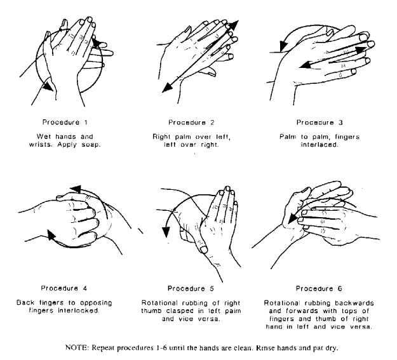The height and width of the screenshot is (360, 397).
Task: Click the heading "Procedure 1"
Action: tap(65, 123)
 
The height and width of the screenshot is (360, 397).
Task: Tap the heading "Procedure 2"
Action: tap(191, 123)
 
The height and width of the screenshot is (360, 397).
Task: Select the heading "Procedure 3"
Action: tap(320, 123)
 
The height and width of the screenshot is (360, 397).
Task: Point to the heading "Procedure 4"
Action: tap(64, 288)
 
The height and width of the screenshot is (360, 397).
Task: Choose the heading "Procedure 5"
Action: tap(191, 289)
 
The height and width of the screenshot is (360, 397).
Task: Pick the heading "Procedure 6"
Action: tap(319, 289)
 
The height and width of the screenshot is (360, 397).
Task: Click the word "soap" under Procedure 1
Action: tap(91, 145)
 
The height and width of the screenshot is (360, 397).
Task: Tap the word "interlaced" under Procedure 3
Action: tap(320, 145)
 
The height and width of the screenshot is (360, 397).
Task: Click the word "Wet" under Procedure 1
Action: tap(44, 137)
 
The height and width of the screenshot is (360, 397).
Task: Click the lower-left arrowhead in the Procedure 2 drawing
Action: tap(167, 87)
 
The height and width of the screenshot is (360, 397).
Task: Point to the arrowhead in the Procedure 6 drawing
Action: tap(293, 218)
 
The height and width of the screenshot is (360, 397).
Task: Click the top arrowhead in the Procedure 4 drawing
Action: tap(76, 189)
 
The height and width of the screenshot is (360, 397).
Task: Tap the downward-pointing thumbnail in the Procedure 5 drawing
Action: tap(204, 250)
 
